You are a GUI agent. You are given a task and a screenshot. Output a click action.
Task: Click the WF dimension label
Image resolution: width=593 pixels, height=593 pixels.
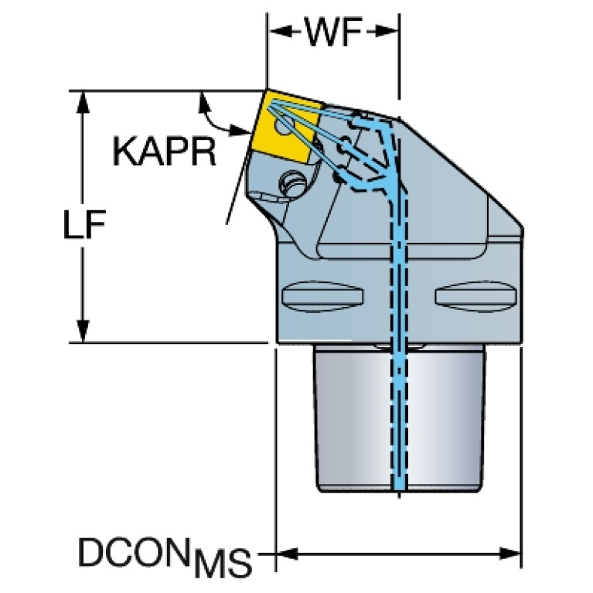[333, 32]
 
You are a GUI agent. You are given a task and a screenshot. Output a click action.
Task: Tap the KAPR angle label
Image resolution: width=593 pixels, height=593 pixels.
[165, 152]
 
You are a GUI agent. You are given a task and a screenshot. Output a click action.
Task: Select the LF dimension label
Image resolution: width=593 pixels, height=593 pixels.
[84, 224]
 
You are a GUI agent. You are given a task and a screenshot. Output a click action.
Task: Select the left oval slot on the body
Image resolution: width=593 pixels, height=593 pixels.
[323, 296]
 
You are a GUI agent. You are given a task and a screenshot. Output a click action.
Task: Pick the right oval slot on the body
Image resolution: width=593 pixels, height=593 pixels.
[475, 296]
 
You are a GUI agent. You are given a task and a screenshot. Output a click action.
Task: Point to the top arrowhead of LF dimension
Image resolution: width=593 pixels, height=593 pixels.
[83, 102]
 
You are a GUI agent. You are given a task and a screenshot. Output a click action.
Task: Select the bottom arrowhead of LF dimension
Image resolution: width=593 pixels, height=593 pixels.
[83, 332]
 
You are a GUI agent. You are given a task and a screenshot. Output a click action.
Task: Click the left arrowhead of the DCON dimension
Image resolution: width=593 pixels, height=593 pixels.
[288, 554]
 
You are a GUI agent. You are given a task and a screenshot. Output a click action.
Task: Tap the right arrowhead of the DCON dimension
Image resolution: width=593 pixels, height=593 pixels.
[510, 554]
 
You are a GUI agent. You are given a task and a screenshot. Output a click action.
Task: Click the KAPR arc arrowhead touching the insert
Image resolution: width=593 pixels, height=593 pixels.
[240, 130]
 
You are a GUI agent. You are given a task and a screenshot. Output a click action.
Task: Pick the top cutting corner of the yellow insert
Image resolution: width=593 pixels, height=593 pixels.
[267, 90]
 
